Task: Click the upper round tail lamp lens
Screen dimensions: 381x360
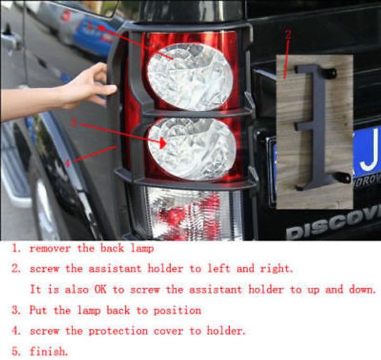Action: tap(190, 77)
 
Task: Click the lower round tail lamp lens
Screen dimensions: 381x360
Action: tap(192, 149)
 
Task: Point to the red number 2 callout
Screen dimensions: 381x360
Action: tap(288, 34)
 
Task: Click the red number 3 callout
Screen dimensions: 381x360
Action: tap(74, 123)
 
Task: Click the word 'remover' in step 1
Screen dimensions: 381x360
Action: tap(50, 248)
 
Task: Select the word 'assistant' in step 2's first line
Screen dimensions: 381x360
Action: tap(115, 269)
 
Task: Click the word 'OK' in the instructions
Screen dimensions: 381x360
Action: tap(100, 290)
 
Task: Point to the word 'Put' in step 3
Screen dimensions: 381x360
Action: tap(38, 310)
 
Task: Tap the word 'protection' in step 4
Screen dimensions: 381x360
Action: tap(118, 331)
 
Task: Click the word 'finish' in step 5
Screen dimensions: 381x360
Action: tap(48, 352)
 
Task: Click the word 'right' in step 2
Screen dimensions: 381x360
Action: tap(276, 269)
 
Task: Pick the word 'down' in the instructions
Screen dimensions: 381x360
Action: tap(362, 290)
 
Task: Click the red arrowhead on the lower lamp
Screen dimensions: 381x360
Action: tap(162, 143)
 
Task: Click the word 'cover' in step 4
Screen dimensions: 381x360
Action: tap(168, 331)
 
